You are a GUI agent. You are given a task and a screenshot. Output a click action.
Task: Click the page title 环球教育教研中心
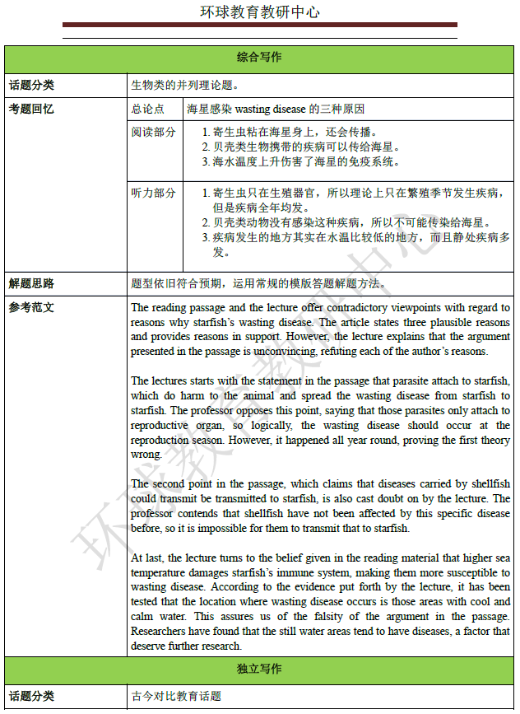(x=260, y=12)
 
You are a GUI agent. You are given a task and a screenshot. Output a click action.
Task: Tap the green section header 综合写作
(x=259, y=58)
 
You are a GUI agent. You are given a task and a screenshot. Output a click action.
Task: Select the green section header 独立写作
(x=259, y=669)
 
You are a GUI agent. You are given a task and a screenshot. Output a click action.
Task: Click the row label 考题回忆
(x=31, y=109)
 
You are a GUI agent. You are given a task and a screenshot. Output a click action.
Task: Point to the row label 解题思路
(x=31, y=283)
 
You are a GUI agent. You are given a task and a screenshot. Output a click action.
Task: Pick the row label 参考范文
(x=31, y=307)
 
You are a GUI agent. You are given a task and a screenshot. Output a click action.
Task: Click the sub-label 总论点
(x=147, y=109)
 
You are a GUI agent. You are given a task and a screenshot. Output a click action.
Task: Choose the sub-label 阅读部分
(x=153, y=132)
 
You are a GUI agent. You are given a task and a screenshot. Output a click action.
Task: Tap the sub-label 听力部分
(x=153, y=193)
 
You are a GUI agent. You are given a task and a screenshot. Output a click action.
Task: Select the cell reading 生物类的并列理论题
(x=185, y=84)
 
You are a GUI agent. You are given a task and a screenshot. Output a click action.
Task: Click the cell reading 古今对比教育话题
(x=176, y=696)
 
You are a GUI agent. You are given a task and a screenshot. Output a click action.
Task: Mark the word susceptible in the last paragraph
(x=460, y=572)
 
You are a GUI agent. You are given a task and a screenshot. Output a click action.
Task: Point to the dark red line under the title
(x=260, y=26)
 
